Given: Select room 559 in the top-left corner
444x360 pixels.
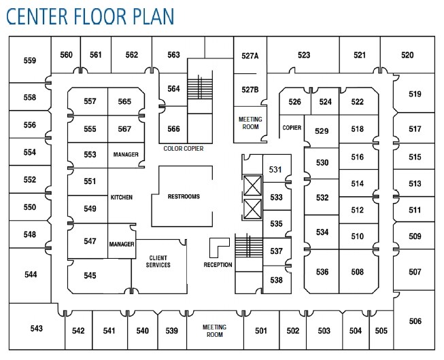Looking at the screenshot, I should [x=29, y=60].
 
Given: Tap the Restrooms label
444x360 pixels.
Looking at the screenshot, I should [x=184, y=196].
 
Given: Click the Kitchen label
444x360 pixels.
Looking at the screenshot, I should [x=121, y=198].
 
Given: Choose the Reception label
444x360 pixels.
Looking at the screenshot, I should [x=218, y=265].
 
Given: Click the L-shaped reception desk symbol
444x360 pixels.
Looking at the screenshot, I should [x=218, y=245].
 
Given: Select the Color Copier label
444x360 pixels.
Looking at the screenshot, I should [x=184, y=148].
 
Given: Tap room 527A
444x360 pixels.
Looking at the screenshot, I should [x=250, y=56].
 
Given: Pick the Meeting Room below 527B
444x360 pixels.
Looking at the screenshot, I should [x=250, y=123].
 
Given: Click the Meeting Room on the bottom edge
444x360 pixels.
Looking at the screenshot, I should [x=215, y=331].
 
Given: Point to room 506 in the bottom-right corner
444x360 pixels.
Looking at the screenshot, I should [x=415, y=321].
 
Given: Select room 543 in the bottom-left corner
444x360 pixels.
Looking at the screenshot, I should [x=36, y=329].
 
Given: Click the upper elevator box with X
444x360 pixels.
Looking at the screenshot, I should [x=251, y=185].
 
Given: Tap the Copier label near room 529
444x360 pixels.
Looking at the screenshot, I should [x=292, y=128].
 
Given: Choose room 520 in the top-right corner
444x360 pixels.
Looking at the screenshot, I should [x=407, y=55].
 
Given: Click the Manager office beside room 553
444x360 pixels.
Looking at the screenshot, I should [x=126, y=155].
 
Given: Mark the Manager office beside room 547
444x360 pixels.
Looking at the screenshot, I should [x=122, y=244].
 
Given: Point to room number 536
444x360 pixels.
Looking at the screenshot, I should [x=322, y=272].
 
